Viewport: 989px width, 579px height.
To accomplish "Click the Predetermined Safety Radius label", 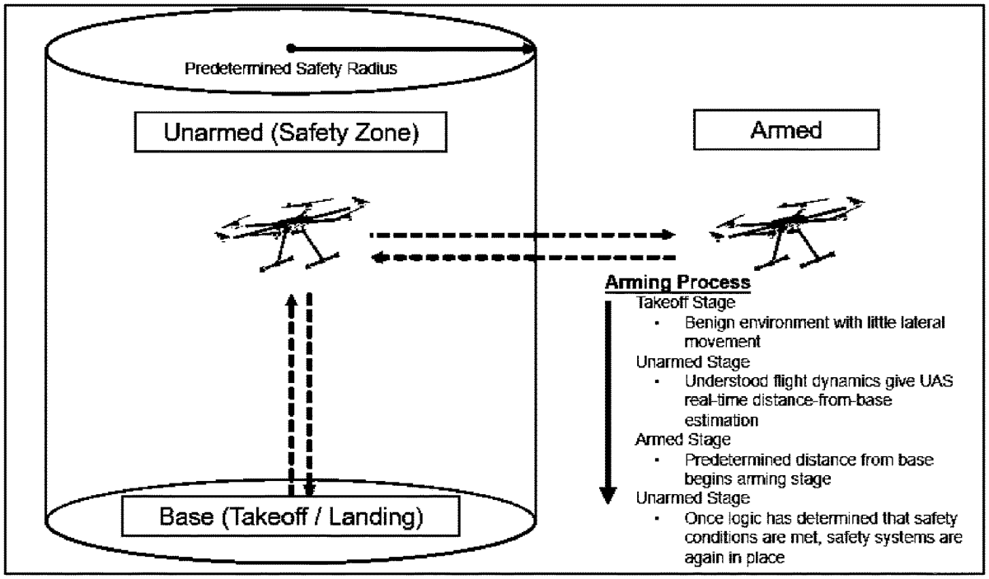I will tap(290, 68).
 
